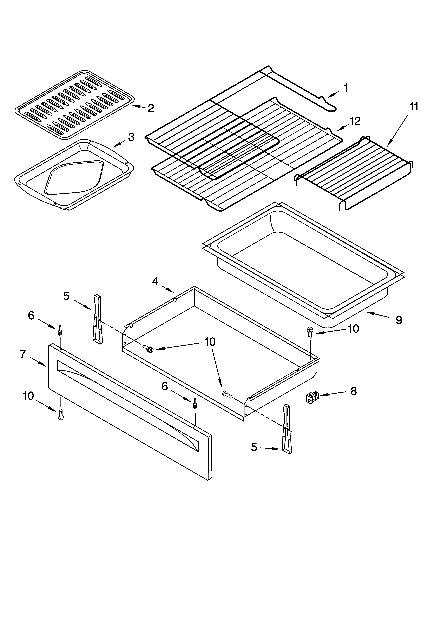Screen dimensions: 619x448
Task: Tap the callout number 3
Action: pos(131,137)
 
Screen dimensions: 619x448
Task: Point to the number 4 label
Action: pos(155,281)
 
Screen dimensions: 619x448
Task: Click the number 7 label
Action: pos(23,354)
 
